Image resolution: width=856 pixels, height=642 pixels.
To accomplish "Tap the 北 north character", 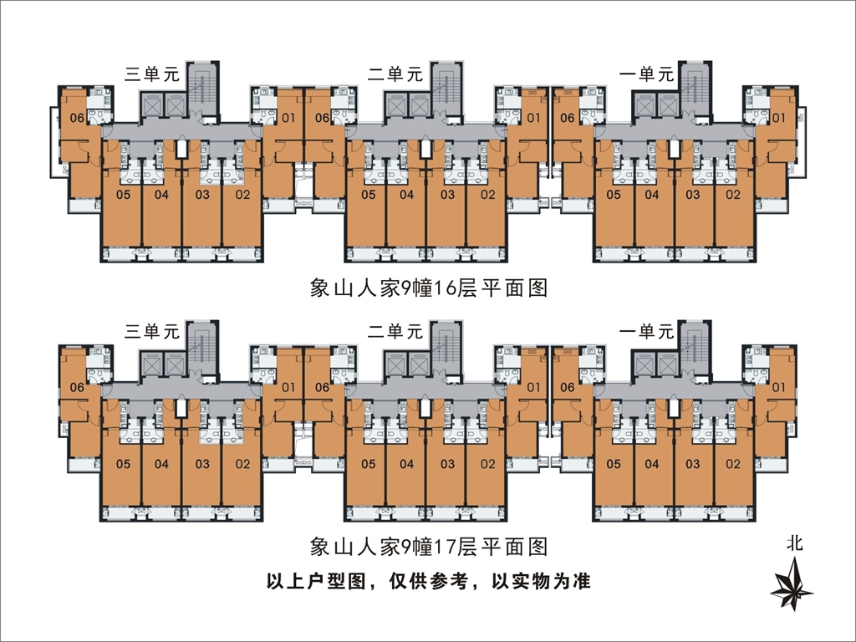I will click(x=793, y=543).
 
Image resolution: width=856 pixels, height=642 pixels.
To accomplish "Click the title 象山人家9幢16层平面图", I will click(x=428, y=288).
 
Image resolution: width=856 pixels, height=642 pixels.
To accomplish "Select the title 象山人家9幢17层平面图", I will click(x=428, y=548).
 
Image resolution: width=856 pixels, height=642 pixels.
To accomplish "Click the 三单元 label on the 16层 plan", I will click(x=152, y=73).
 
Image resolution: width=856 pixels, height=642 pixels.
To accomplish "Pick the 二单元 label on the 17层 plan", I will click(x=395, y=331).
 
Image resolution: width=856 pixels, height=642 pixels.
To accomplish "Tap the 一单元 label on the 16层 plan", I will click(x=646, y=73).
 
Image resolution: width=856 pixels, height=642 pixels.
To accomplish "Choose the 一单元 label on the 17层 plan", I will click(x=646, y=331).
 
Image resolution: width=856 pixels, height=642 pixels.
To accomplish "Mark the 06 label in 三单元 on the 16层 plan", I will click(x=76, y=118).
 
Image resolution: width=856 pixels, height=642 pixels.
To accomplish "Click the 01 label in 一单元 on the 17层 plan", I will click(x=778, y=386).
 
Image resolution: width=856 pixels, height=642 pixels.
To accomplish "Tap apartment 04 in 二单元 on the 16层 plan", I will click(x=407, y=195).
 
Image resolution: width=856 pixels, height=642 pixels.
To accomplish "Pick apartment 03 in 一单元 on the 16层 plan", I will click(x=693, y=195).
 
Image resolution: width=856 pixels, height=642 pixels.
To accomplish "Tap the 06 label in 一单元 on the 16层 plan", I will click(x=567, y=118).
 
